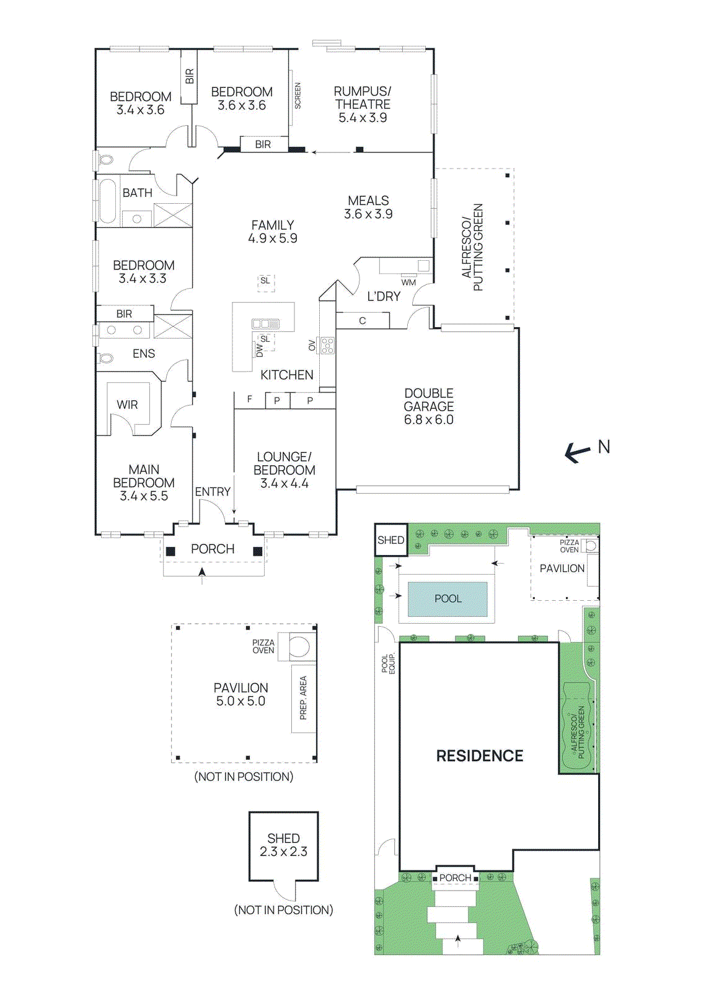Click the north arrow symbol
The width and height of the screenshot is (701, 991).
(577, 453)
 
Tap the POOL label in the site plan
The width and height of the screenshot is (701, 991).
(447, 599)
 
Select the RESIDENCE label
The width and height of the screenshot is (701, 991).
(480, 756)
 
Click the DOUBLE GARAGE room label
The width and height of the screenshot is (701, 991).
(429, 400)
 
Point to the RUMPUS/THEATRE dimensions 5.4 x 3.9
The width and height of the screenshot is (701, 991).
(363, 118)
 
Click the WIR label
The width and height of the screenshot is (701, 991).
(127, 404)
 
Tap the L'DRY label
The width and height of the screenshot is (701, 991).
(384, 297)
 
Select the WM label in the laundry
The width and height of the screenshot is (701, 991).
(408, 282)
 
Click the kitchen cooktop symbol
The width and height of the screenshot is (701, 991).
(327, 346)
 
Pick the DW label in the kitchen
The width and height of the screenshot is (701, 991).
(260, 351)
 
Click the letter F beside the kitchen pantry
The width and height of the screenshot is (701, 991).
(250, 399)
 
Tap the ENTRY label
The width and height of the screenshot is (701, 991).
(213, 492)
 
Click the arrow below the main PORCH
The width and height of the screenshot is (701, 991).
(202, 574)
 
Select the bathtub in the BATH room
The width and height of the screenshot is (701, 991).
(108, 201)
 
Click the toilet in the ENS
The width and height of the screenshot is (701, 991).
(106, 358)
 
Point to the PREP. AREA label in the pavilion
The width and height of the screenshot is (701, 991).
(303, 698)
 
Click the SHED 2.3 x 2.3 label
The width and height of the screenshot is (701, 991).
(283, 845)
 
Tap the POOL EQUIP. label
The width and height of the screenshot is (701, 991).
(388, 664)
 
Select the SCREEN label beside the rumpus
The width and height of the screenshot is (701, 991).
(298, 96)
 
